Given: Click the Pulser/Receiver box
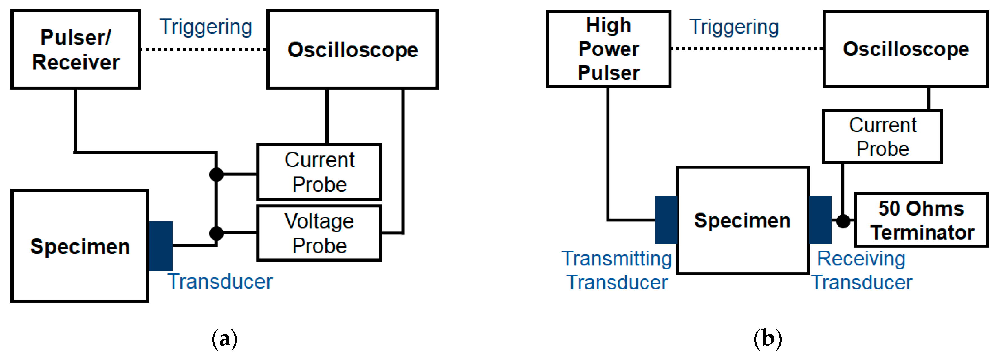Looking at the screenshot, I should click(x=76, y=50).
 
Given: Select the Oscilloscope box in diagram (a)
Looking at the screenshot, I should click(x=353, y=50).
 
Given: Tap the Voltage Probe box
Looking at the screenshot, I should click(x=319, y=233).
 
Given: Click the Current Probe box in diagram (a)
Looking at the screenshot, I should click(x=319, y=172).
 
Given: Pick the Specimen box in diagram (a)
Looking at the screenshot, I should click(x=80, y=246).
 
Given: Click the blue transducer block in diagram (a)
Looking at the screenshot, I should click(x=161, y=246).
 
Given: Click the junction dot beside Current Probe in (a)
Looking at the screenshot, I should click(x=216, y=174).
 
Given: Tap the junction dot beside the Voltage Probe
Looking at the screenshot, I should click(x=216, y=233).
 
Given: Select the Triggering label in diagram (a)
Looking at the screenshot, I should click(x=206, y=27).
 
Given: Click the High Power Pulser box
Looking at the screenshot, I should click(x=608, y=49).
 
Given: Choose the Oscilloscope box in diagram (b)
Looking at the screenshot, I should click(x=906, y=49).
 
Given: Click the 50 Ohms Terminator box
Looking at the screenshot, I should click(x=921, y=220).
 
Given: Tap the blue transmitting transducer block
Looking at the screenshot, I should click(x=666, y=220).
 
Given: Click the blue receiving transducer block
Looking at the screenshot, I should click(x=820, y=220).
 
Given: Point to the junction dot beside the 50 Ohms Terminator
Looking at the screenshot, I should click(x=843, y=221).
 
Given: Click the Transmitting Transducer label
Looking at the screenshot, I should click(x=617, y=271).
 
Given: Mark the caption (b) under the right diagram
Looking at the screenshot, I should click(x=768, y=339).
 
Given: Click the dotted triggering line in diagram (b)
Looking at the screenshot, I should click(x=747, y=49).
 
